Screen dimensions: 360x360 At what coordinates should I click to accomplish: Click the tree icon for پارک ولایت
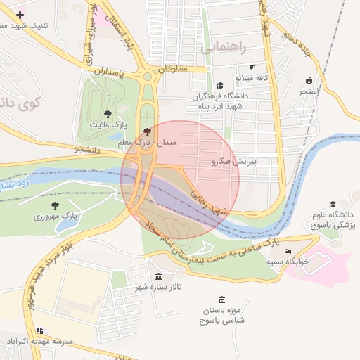(107, 112)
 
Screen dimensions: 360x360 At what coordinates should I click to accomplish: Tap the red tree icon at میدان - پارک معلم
(146, 131)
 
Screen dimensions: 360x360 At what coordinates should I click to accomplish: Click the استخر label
(308, 91)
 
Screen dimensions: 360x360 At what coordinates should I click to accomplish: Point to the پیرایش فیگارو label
(234, 161)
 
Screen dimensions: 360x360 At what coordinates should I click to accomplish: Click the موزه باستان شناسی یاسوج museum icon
(222, 300)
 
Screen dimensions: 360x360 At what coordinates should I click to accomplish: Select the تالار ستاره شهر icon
(157, 276)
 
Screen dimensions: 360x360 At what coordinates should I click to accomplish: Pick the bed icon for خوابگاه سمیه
(287, 251)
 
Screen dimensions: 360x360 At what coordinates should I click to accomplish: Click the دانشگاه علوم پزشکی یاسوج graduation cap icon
(332, 204)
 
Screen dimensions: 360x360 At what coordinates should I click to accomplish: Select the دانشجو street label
(87, 150)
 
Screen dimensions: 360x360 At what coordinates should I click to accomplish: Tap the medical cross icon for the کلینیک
(20, 14)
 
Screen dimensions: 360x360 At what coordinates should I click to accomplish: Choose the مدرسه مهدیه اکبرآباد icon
(39, 330)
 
